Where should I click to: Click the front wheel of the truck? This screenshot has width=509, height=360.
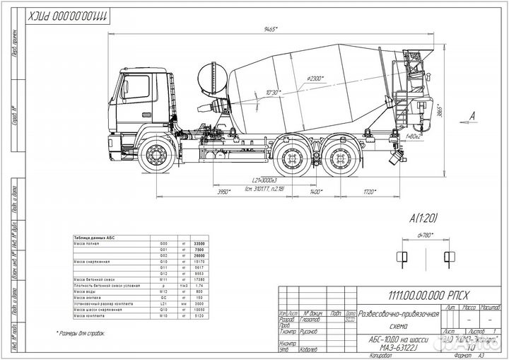pos(156,156)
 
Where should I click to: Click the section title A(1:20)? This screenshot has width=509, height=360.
pos(423,219)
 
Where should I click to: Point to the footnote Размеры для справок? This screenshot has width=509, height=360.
pos(81,332)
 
